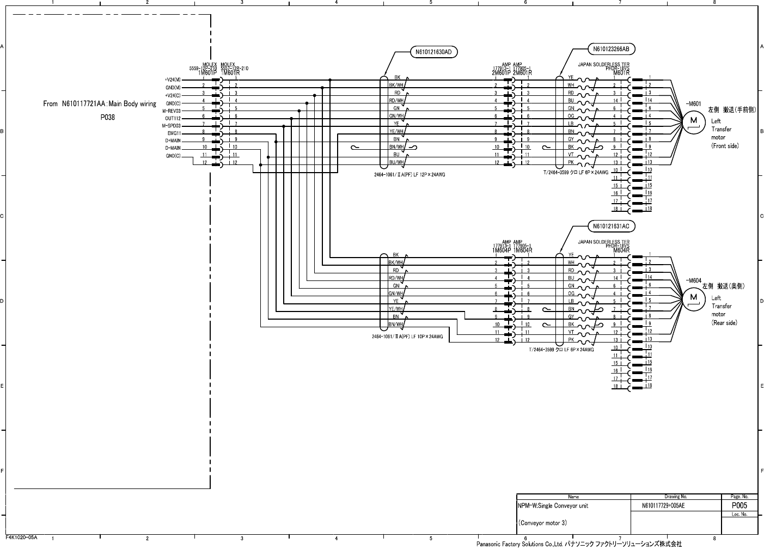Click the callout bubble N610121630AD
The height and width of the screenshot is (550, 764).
click(433, 52)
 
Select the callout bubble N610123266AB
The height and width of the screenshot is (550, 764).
click(610, 49)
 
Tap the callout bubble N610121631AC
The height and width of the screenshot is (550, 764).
click(610, 226)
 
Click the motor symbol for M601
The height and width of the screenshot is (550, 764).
click(693, 120)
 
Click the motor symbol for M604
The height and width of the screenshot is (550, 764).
click(693, 297)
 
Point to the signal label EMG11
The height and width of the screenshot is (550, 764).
click(174, 133)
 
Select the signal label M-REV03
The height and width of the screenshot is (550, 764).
click(172, 111)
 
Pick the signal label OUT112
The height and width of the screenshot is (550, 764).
click(173, 118)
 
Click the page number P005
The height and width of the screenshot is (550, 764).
click(739, 505)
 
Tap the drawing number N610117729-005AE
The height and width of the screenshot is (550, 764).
click(663, 506)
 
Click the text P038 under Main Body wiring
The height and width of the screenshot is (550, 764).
click(107, 117)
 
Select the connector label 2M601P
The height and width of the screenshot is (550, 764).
click(501, 73)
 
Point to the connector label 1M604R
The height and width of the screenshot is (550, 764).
click(522, 250)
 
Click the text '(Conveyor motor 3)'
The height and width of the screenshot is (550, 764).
click(542, 523)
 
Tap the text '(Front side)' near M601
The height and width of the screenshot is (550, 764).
click(725, 146)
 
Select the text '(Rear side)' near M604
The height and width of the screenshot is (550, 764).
click(724, 323)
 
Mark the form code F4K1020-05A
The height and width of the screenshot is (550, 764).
click(21, 537)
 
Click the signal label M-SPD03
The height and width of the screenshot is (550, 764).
click(172, 126)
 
